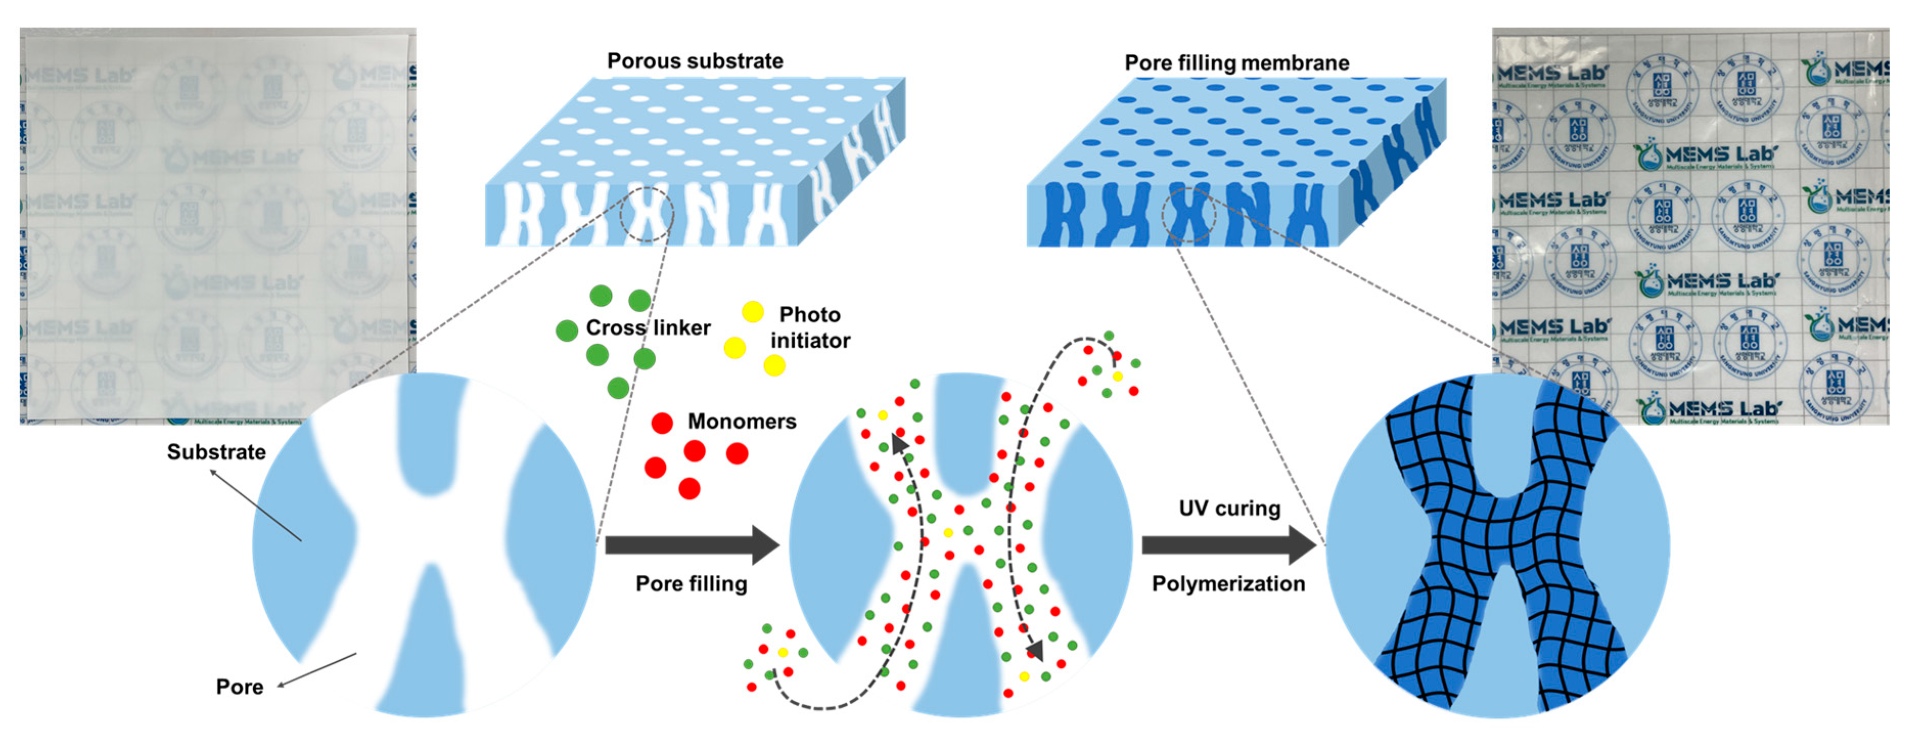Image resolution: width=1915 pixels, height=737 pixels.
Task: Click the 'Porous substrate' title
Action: click(x=695, y=61)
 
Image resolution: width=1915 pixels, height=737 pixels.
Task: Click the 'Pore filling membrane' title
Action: click(x=1236, y=63)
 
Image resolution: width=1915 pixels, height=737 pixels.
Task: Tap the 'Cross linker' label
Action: click(x=648, y=328)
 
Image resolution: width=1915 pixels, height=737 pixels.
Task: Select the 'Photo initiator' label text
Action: click(x=810, y=328)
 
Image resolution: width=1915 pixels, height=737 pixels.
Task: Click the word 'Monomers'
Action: click(x=741, y=421)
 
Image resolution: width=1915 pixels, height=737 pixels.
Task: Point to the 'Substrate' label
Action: click(x=216, y=452)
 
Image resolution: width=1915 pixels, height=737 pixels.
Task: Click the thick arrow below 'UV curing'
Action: click(x=1228, y=545)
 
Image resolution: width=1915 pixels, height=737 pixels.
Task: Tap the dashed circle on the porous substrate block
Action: click(x=646, y=215)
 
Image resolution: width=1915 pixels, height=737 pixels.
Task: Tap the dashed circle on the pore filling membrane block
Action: click(x=1189, y=215)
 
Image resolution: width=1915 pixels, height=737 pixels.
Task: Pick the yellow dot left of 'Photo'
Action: click(x=752, y=311)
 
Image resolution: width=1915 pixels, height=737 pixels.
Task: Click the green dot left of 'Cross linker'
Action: click(x=566, y=331)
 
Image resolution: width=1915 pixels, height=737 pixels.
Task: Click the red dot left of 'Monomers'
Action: click(x=662, y=423)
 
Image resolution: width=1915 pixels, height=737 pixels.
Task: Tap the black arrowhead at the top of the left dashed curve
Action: click(x=899, y=444)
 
